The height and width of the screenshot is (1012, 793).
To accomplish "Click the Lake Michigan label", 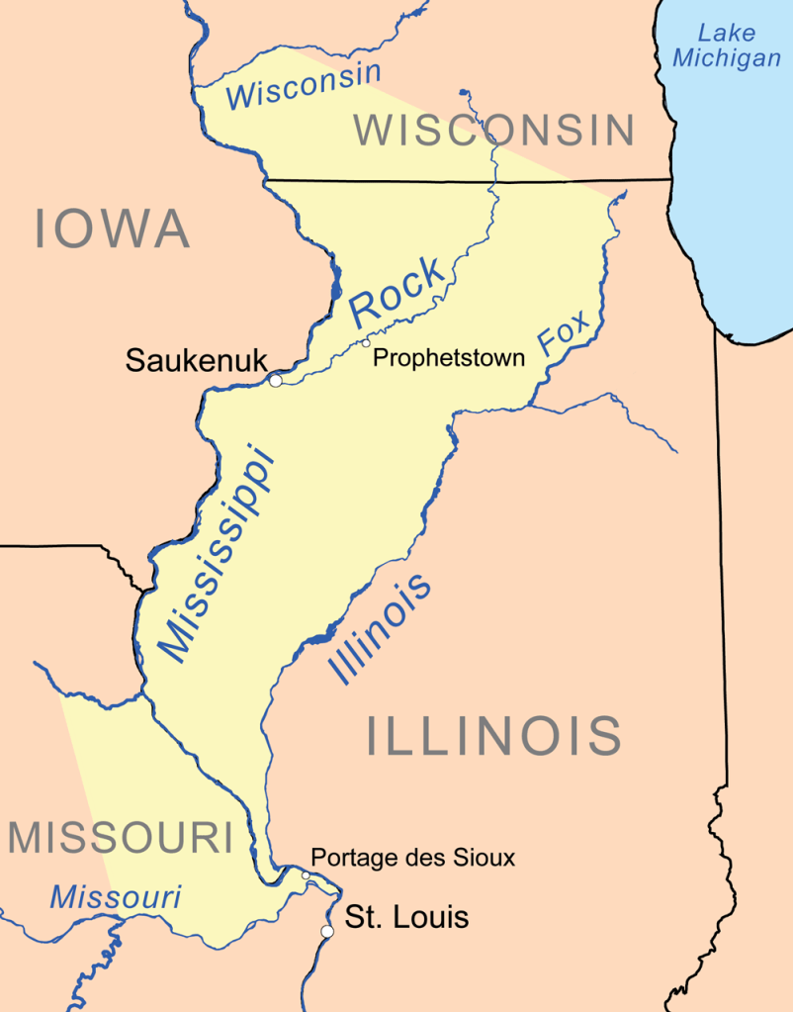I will [x=726, y=46].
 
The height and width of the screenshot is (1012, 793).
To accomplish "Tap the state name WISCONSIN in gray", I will [x=494, y=131].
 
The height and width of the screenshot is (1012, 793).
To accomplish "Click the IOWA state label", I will [x=112, y=229].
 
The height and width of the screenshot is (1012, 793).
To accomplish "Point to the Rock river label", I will [x=397, y=291].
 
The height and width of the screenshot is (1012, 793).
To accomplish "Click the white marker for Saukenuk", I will [x=276, y=380].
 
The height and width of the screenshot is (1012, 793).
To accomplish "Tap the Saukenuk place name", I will [x=196, y=360].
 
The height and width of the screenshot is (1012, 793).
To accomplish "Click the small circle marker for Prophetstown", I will [x=366, y=342].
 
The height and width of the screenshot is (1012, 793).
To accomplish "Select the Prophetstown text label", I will [x=448, y=358].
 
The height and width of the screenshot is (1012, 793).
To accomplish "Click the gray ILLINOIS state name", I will [x=494, y=736].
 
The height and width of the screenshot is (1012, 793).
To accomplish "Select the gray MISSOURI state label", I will [x=121, y=839].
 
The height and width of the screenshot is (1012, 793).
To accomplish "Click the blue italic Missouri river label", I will [x=116, y=897].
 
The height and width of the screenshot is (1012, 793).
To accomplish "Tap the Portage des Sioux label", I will [x=412, y=858].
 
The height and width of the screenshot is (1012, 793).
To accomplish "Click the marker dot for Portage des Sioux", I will [x=306, y=874].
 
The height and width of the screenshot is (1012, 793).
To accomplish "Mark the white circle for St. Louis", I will [x=327, y=931].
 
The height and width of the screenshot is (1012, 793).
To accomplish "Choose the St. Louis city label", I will [x=406, y=918].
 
